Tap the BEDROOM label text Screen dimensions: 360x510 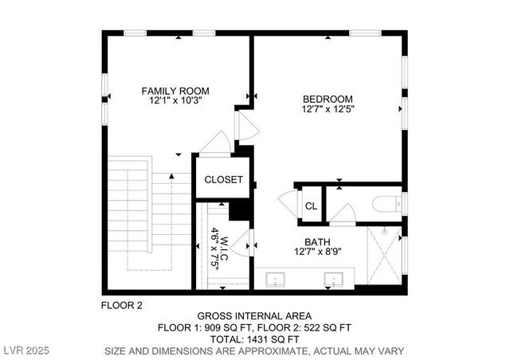pyautogui.click(x=328, y=99)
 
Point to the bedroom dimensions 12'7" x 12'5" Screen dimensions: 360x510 pyautogui.click(x=328, y=110)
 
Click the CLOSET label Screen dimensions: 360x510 pyautogui.click(x=223, y=179)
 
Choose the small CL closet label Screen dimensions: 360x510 pyautogui.click(x=311, y=206)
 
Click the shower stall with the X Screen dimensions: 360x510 pyautogui.click(x=383, y=256)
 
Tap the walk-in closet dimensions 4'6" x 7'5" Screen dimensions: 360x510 pyautogui.click(x=215, y=241)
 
